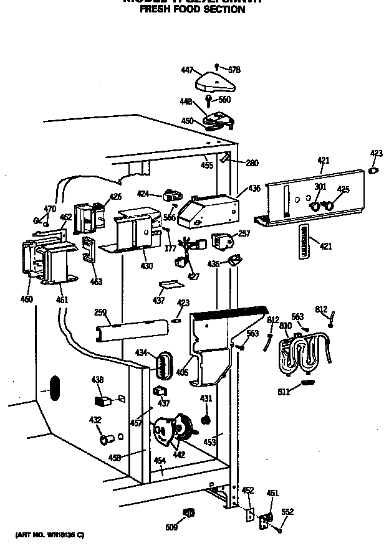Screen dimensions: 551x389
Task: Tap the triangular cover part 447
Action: coord(213,83)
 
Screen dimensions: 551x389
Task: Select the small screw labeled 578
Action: coord(216,65)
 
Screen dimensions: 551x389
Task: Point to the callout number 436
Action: coord(254,188)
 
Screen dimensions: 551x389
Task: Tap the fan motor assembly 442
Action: coord(174,430)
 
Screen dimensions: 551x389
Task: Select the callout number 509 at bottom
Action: coord(171,528)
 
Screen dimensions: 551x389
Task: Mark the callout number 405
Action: coord(183,372)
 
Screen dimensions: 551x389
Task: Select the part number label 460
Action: coord(27,299)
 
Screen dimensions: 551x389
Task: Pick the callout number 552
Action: coord(287,512)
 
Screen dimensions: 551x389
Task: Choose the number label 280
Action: coord(251,163)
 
